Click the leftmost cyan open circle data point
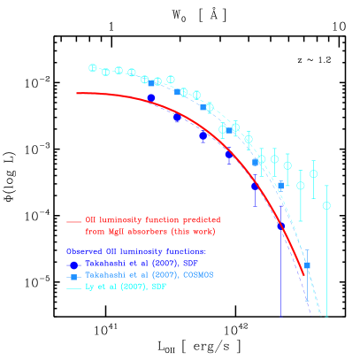(x=92, y=67)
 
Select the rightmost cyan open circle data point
(x=326, y=205)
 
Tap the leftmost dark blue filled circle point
(x=151, y=97)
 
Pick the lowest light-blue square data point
(x=307, y=265)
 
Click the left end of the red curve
(x=77, y=93)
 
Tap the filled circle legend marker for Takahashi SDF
(x=74, y=264)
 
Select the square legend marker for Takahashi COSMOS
(x=74, y=276)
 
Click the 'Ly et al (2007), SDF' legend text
(x=125, y=287)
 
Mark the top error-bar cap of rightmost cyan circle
(x=326, y=185)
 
